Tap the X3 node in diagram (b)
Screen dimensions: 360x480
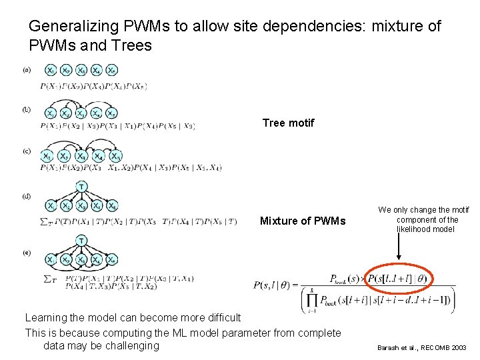tap(81, 113)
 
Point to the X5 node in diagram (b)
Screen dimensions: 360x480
tap(111, 113)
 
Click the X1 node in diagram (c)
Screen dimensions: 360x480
tap(47, 157)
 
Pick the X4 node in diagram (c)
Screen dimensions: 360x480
tap(98, 157)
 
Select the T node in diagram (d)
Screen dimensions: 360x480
tap(81, 186)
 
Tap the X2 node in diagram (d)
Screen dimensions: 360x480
tap(66, 206)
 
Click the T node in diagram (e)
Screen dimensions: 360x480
tap(81, 240)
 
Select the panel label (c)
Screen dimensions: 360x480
tap(27, 151)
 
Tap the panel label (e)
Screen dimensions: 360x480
tap(27, 254)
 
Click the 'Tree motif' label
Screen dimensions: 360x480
tap(288, 123)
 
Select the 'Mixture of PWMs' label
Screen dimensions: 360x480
tap(303, 221)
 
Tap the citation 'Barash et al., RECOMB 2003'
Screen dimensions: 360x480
tap(422, 348)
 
